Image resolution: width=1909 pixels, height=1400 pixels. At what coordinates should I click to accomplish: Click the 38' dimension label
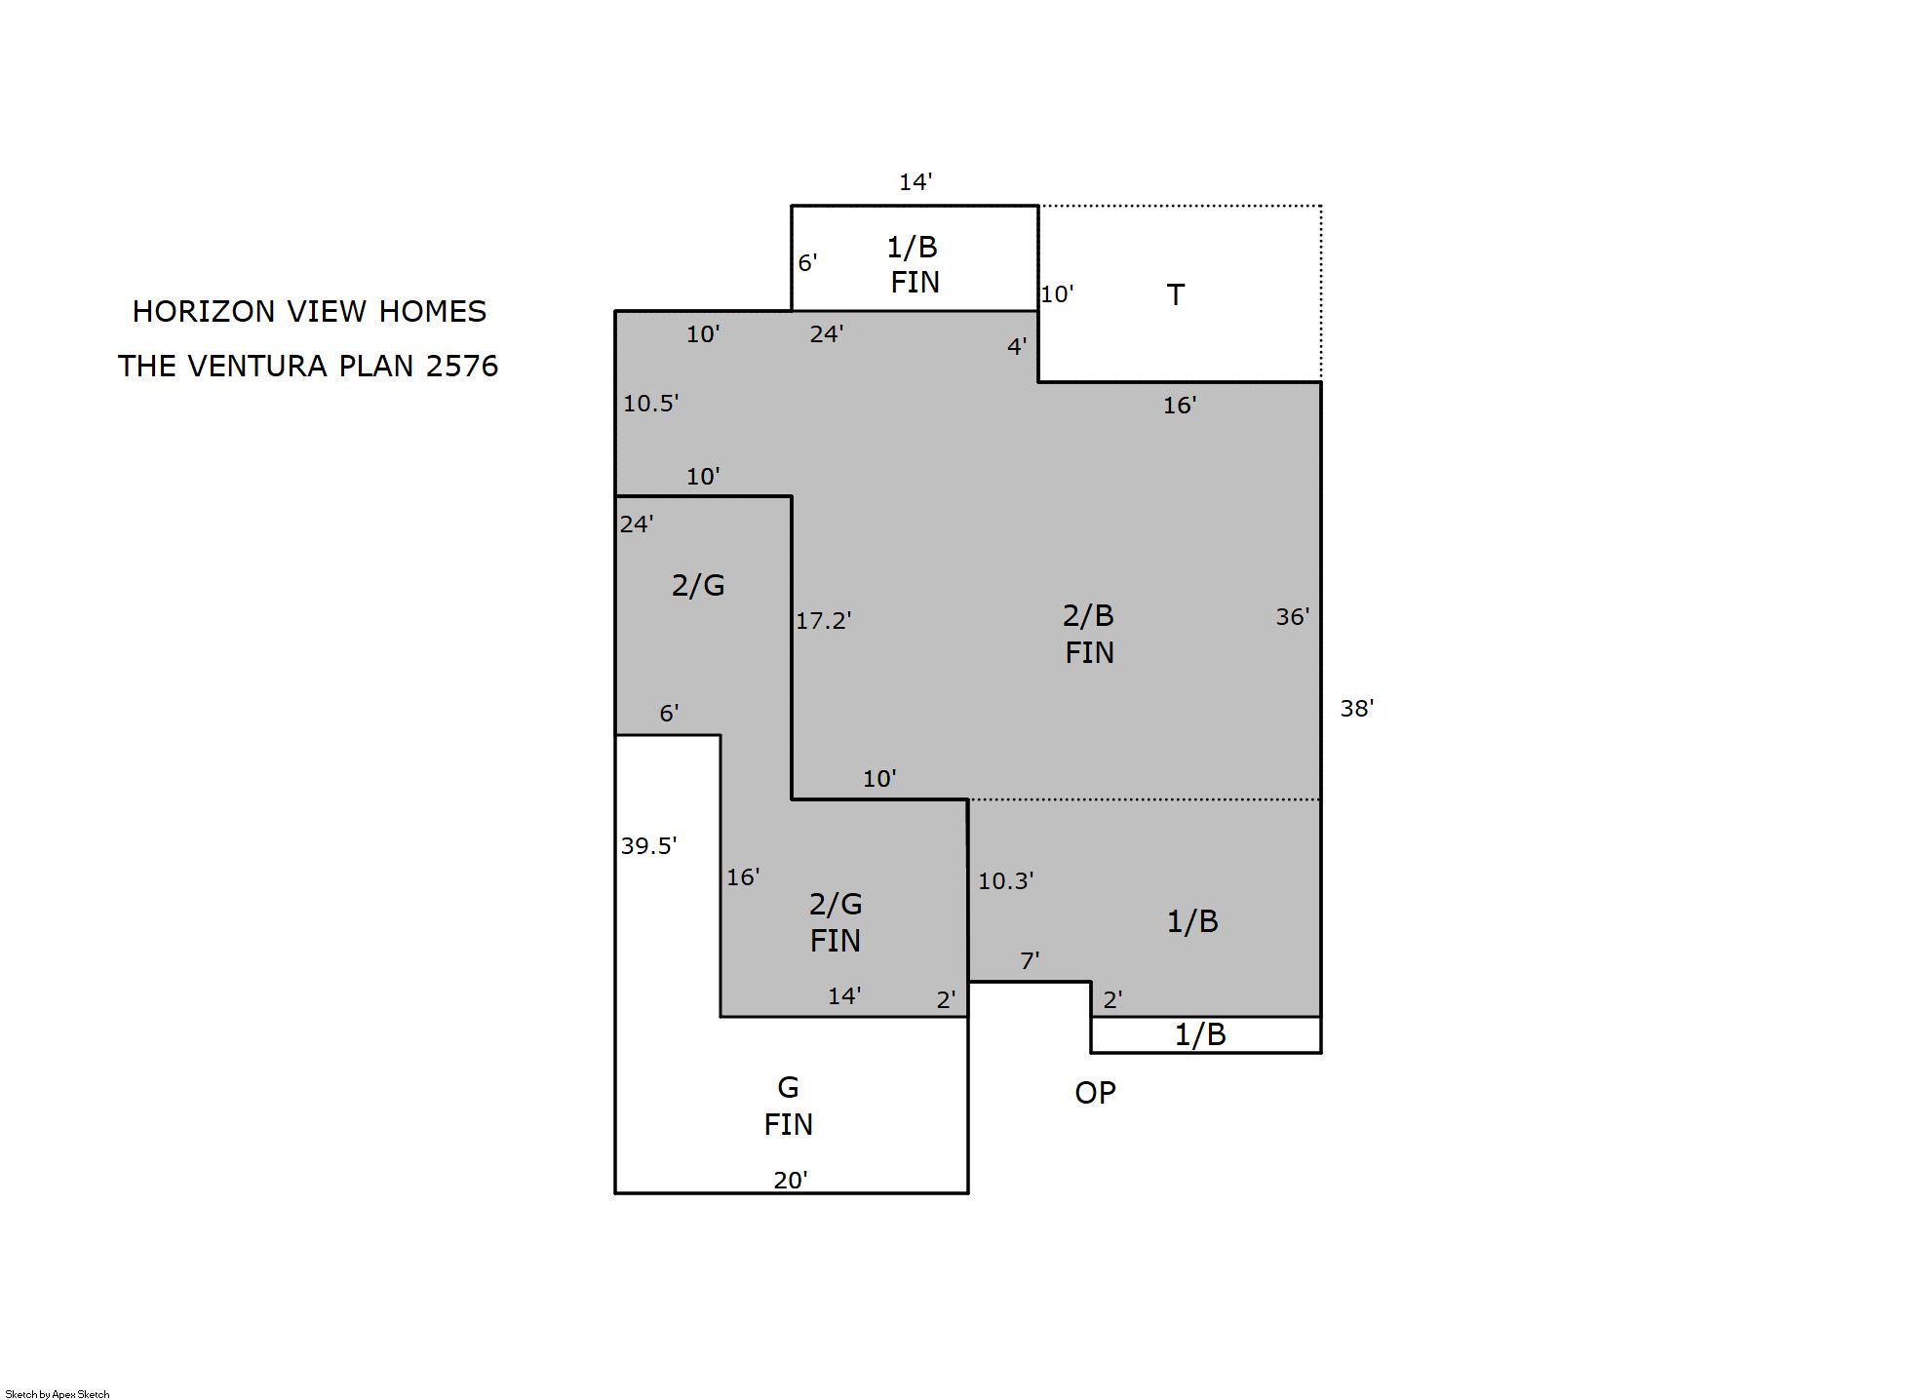[x=1356, y=709]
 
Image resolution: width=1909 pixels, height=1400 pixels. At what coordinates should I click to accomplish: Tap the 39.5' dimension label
[x=648, y=845]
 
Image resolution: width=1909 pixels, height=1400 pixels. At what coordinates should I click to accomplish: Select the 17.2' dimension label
[x=823, y=620]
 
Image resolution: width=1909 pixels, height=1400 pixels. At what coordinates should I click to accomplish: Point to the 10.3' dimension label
[x=1005, y=880]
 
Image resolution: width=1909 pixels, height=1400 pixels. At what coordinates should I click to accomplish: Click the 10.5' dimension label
[x=650, y=403]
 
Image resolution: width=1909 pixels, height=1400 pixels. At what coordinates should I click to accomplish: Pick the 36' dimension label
[x=1293, y=616]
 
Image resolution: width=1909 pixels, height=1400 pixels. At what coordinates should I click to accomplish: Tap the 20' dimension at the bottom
[x=791, y=1180]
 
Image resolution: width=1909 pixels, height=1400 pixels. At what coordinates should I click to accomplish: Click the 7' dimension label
[x=1030, y=960]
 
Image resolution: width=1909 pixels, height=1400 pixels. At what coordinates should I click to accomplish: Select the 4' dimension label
[x=1017, y=346]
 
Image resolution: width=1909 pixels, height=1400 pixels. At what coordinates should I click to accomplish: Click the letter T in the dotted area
[x=1176, y=294]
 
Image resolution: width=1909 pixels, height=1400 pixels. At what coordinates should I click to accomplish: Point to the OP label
[x=1095, y=1093]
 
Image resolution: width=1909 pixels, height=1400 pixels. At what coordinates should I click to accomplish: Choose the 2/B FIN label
[x=1089, y=634]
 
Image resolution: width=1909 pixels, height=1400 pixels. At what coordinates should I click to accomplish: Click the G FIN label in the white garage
[x=788, y=1106]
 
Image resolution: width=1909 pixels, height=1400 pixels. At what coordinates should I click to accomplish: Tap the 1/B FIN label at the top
[x=914, y=264]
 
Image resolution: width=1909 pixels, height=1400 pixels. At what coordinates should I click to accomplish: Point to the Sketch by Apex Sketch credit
[x=58, y=1394]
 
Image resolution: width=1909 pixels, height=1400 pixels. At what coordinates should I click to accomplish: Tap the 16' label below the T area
[x=1180, y=405]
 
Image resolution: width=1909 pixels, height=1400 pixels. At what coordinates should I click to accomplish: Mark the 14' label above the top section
[x=916, y=182]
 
